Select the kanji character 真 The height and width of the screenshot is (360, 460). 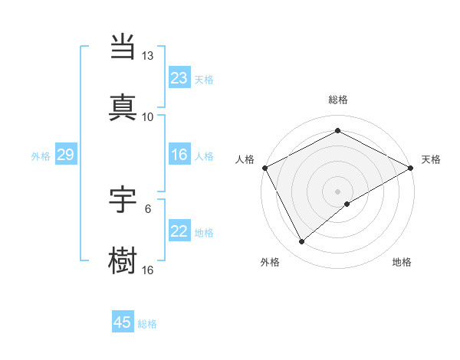tap(123, 106)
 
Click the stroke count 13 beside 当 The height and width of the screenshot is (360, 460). tap(147, 56)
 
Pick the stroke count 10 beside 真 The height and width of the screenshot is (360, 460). tap(147, 117)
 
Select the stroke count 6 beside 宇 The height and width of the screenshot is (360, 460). tap(148, 208)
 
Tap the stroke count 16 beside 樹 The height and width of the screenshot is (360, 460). tap(147, 270)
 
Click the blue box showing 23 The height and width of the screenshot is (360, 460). tap(179, 78)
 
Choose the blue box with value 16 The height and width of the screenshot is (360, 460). tap(179, 155)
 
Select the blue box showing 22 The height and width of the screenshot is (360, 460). tap(179, 231)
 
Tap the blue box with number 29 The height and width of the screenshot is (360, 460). tap(65, 155)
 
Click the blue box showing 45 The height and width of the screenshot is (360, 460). tap(123, 322)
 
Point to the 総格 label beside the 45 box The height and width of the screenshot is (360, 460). tap(147, 324)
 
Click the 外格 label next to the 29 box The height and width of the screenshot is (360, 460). tap(41, 156)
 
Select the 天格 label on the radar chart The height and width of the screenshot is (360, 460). tap(431, 159)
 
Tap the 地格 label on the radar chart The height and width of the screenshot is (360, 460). tap(402, 262)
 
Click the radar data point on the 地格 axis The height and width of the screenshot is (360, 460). tap(347, 204)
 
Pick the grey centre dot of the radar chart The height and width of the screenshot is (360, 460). tap(337, 191)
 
